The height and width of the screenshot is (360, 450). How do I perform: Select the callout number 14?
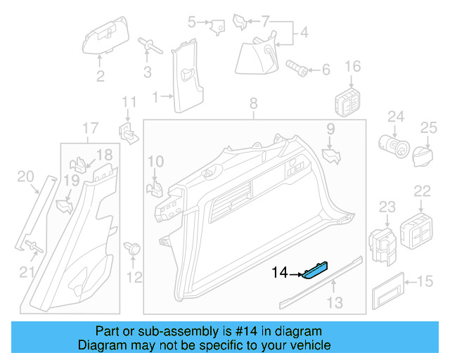click(280, 272)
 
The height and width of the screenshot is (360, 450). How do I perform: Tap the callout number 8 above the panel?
click(253, 105)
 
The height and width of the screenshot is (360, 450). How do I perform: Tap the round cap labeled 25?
click(423, 153)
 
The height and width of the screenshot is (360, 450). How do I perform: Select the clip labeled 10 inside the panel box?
click(154, 188)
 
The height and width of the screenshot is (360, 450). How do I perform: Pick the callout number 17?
click(90, 128)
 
